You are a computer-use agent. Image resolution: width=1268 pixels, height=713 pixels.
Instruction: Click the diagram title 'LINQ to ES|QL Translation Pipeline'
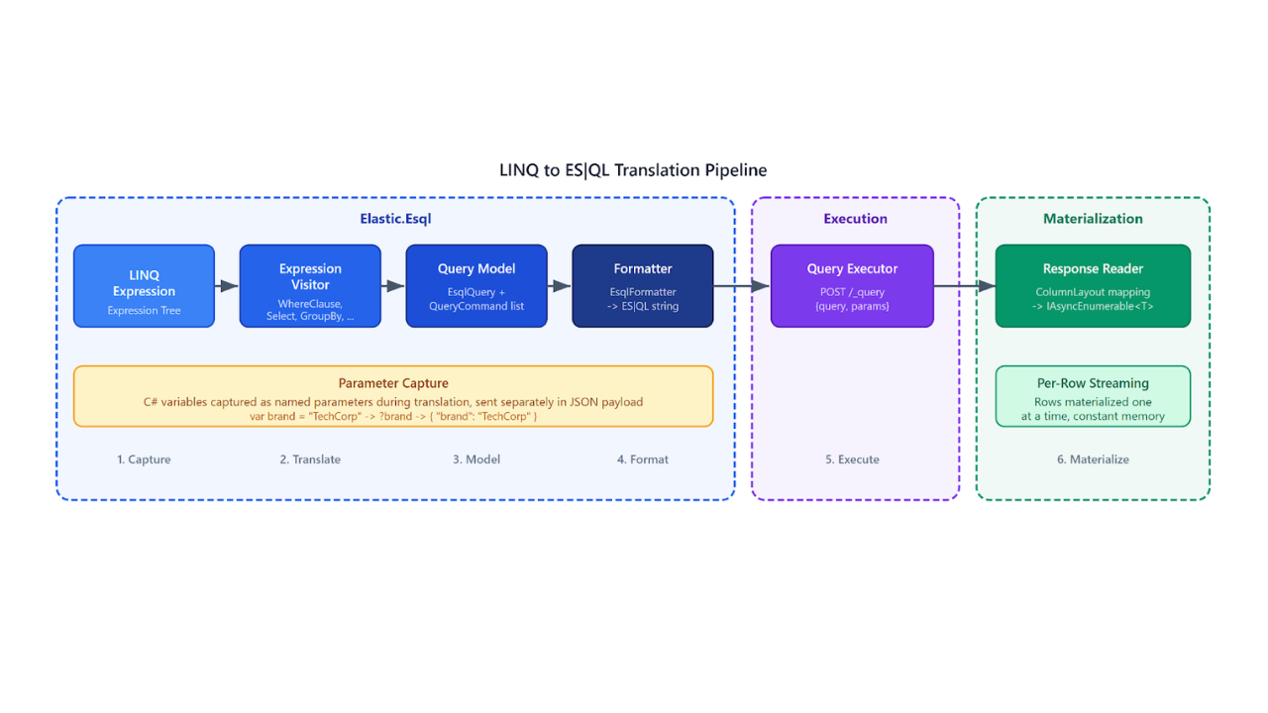633,170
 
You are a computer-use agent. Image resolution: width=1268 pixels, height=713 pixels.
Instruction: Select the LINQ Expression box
144,286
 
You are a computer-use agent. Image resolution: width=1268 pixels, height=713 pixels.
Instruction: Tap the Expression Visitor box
310,286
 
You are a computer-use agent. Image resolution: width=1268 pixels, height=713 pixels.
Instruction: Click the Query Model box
476,286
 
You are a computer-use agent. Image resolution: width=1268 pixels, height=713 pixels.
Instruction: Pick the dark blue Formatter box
643,286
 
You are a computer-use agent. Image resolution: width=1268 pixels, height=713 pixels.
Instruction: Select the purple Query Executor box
852,286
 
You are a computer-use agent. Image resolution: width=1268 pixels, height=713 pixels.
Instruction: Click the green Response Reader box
1093,286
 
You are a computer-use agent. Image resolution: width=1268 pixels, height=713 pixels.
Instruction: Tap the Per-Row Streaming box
1093,397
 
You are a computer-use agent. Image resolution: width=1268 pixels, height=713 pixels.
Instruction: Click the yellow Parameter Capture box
393,397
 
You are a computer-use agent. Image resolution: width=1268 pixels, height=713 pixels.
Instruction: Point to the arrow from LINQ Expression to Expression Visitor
227,286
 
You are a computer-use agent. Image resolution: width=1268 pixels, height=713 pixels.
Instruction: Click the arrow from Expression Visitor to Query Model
393,286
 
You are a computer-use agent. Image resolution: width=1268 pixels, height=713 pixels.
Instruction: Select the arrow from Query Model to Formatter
560,286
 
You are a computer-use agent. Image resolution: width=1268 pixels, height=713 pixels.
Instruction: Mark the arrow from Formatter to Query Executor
742,286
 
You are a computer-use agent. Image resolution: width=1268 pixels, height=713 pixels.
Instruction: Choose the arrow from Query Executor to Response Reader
964,286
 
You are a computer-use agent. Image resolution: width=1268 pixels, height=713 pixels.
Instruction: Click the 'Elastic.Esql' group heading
395,219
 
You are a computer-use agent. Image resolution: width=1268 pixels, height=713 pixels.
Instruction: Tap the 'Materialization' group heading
1093,219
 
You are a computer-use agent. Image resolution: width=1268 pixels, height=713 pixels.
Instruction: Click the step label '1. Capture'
144,459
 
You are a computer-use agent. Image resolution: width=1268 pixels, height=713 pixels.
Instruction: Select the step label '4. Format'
643,459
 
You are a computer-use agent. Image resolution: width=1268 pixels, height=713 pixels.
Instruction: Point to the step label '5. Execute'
852,459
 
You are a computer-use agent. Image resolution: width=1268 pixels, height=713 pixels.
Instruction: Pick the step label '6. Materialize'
1093,459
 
